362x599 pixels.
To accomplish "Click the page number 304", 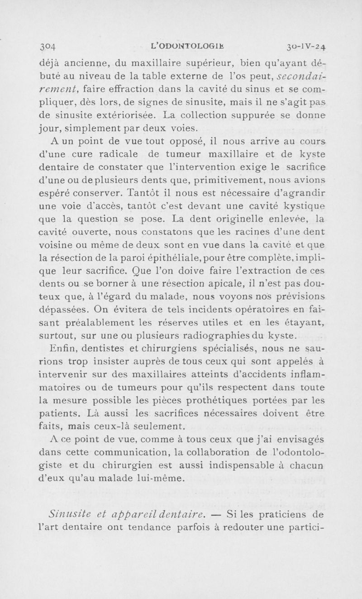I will (x=47, y=46).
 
